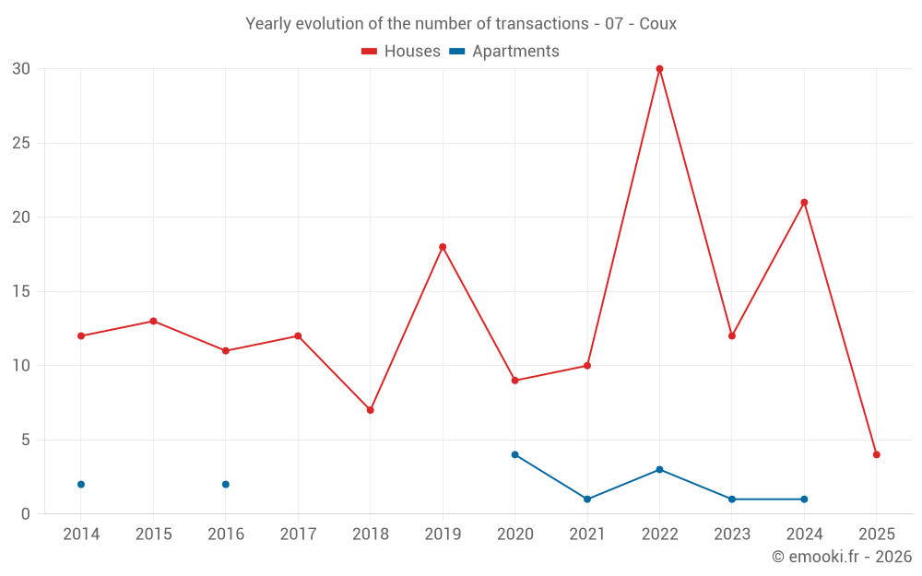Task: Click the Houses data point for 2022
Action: pyautogui.click(x=659, y=69)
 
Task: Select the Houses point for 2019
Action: pyautogui.click(x=443, y=247)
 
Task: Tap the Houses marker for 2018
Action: pyautogui.click(x=370, y=410)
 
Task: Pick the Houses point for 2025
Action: pyautogui.click(x=877, y=454)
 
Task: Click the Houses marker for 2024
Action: pyautogui.click(x=804, y=203)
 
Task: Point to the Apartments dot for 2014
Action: pyautogui.click(x=81, y=485)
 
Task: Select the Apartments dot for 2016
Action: pyautogui.click(x=226, y=485)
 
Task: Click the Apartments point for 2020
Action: pyautogui.click(x=514, y=454)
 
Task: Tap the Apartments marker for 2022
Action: pyautogui.click(x=659, y=470)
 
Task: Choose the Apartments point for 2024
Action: pyautogui.click(x=804, y=500)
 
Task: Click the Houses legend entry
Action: pyautogui.click(x=401, y=52)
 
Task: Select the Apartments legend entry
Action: pyautogui.click(x=504, y=52)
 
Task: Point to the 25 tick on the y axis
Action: pyautogui.click(x=21, y=144)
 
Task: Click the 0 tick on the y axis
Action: pyautogui.click(x=26, y=514)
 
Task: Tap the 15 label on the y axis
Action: pyautogui.click(x=21, y=292)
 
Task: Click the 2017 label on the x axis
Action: pyautogui.click(x=298, y=535)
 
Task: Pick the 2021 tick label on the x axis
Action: pyautogui.click(x=587, y=535)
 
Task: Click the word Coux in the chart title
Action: pyautogui.click(x=657, y=24)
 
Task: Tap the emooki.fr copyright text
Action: pyautogui.click(x=842, y=557)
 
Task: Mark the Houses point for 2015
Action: pyautogui.click(x=153, y=322)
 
